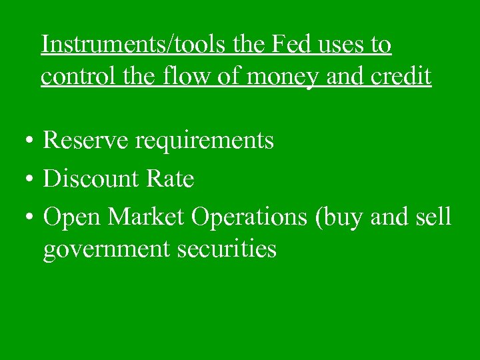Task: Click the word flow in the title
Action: click(189, 77)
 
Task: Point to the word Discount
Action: click(91, 179)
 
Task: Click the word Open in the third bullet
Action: click(72, 217)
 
